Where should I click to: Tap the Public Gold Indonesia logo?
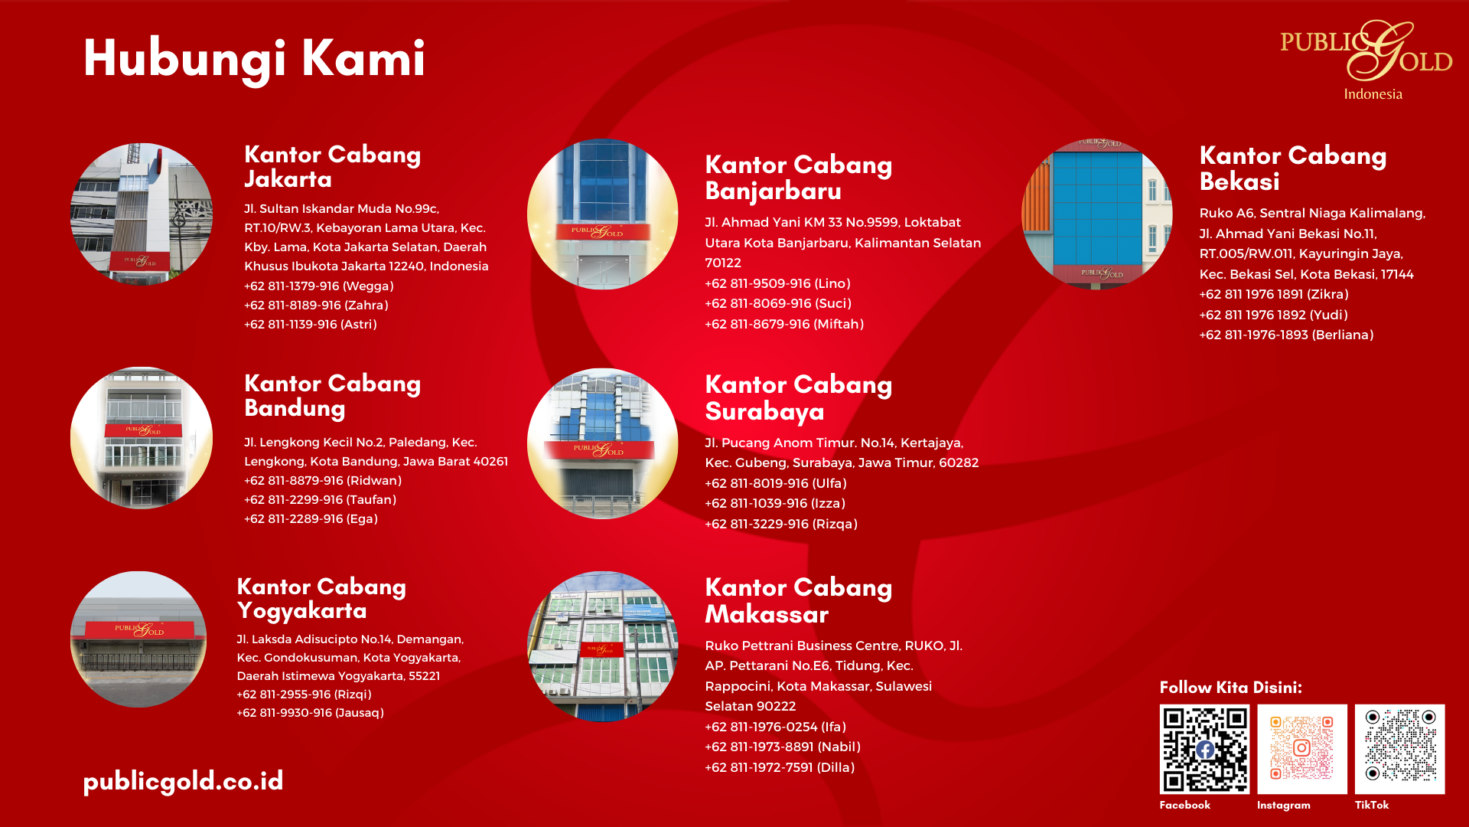click(x=1366, y=60)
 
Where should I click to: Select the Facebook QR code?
click(x=1204, y=749)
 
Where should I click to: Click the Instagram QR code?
click(x=1301, y=749)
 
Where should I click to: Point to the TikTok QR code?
click(x=1399, y=749)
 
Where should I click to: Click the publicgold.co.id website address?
click(x=183, y=782)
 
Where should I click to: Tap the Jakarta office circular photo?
click(x=142, y=214)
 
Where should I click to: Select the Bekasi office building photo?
click(x=1097, y=214)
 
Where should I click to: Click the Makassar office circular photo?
click(x=603, y=646)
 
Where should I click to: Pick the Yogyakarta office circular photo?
click(x=138, y=639)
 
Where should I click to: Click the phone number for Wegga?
click(x=292, y=286)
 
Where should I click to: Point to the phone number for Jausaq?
click(x=285, y=713)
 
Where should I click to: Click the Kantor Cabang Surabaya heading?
click(x=799, y=398)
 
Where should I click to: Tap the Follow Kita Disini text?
click(x=1230, y=688)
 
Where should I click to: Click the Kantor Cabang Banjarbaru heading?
click(x=799, y=178)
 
